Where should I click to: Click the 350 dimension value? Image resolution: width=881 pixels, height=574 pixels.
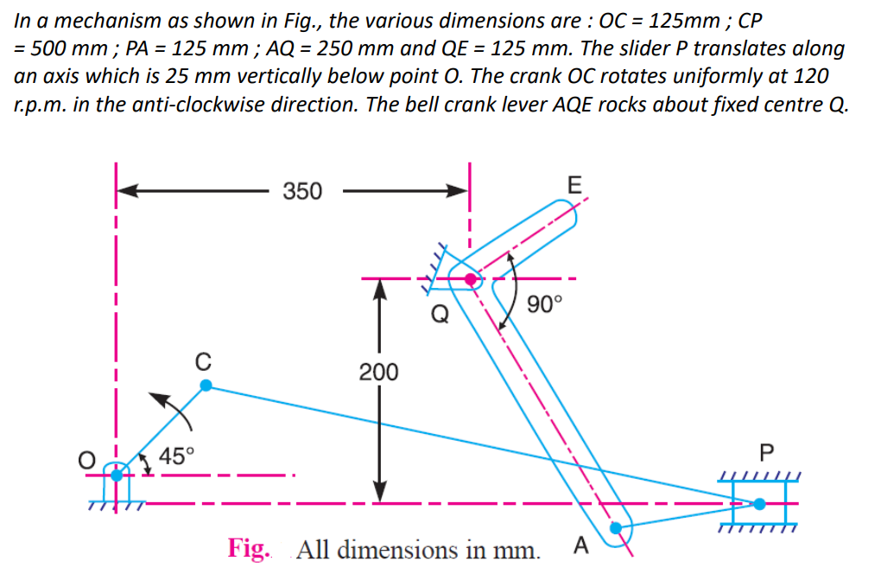(302, 191)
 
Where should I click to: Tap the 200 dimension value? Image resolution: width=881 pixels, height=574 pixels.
(378, 373)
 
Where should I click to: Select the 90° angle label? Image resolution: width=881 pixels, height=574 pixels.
(545, 304)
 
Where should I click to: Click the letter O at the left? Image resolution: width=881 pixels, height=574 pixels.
(86, 462)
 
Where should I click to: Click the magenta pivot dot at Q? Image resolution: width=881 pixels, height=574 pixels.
(470, 279)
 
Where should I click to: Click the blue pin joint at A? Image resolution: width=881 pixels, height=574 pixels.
(617, 528)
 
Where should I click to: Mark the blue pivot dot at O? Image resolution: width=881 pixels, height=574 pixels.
(117, 475)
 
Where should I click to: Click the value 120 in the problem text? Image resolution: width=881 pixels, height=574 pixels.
(810, 75)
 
